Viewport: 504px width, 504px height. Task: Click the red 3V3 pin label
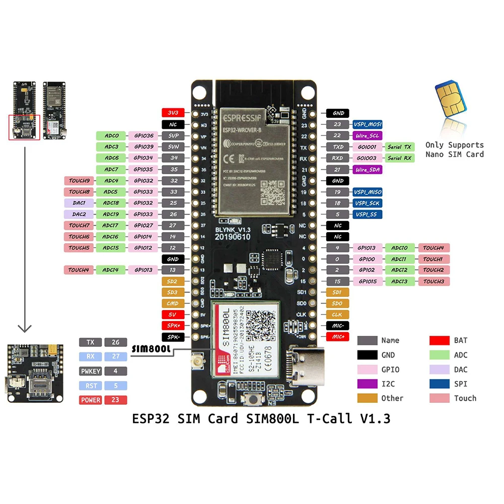tap(173, 113)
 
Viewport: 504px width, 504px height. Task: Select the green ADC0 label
tap(111, 135)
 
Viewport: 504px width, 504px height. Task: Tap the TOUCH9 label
tap(79, 181)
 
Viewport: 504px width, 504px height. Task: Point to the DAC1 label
tap(79, 203)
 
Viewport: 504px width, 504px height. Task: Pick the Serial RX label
tap(399, 158)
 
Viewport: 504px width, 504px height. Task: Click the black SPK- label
tap(173, 336)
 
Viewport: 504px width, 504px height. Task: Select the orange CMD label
tap(173, 303)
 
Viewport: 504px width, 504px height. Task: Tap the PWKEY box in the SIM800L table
tap(90, 371)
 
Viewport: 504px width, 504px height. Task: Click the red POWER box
tap(90, 400)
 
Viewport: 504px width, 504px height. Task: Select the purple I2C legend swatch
tap(367, 384)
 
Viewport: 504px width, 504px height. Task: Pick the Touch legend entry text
tap(465, 398)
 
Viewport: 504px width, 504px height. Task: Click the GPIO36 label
tap(143, 135)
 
